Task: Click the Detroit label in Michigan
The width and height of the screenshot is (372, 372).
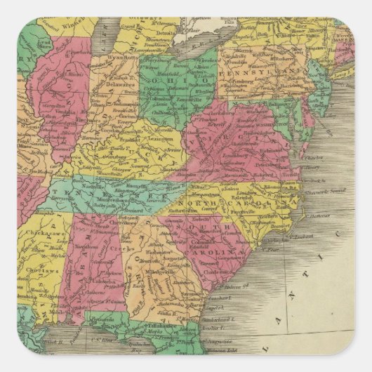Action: point(166,33)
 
